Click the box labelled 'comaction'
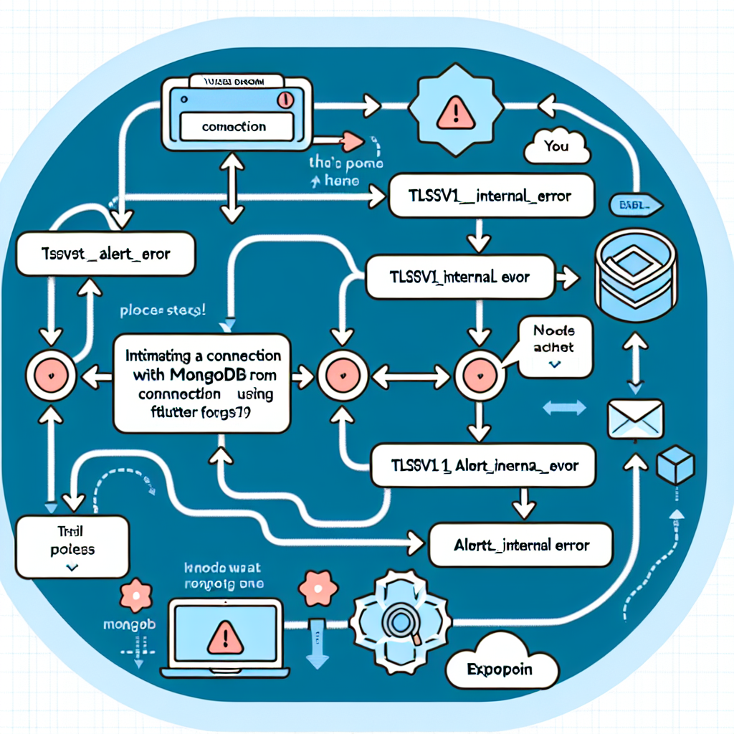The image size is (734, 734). point(234,127)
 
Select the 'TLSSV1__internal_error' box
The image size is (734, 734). point(491,194)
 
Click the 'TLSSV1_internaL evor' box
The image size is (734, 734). point(459,277)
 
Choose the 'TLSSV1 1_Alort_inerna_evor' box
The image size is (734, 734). point(486,465)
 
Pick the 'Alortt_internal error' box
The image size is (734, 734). point(521,545)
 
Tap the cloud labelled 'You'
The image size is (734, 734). point(557,147)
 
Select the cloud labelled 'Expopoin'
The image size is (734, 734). point(500,670)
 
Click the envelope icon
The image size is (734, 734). point(635,420)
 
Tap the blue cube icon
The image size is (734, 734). point(675,464)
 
